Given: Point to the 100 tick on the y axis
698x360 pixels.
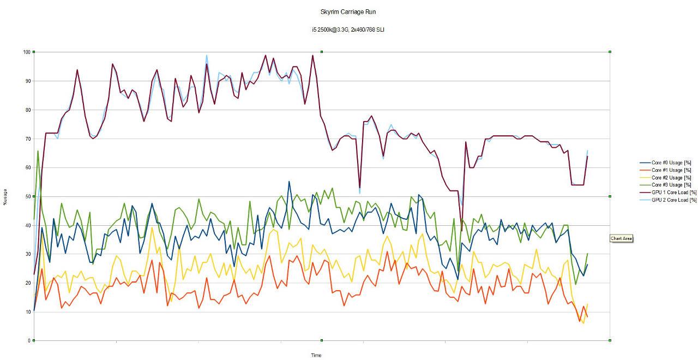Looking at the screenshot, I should [26, 52].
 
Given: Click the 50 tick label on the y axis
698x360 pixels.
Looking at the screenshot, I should [27, 196].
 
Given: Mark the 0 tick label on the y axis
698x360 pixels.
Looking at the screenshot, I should [28, 341].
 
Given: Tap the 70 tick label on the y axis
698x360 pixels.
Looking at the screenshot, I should [27, 139].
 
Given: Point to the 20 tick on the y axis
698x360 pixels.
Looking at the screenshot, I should [27, 283].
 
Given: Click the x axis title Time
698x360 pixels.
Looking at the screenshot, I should [316, 356].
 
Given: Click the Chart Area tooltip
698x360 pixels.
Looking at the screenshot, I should [622, 238].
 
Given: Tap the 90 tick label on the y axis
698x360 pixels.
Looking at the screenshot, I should [27, 81].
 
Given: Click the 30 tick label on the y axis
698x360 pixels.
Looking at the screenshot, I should [27, 254].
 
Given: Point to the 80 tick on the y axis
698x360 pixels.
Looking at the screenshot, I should [27, 110].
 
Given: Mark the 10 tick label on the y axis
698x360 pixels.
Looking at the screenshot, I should [27, 312].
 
